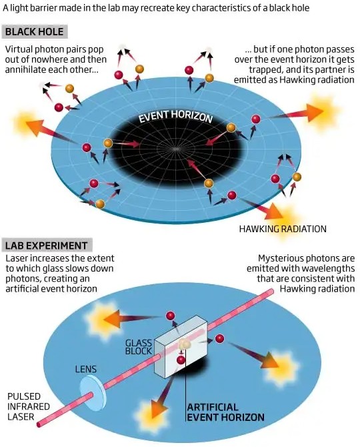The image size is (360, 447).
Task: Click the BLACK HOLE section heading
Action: (34, 31)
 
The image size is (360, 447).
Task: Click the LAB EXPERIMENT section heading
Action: (46, 246)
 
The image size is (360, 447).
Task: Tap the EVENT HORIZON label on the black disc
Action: (175, 116)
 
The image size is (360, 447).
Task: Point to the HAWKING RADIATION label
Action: (283, 229)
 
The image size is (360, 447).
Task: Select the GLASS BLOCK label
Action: (139, 347)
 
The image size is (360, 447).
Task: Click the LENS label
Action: (86, 369)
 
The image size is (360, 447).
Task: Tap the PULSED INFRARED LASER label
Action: (25, 406)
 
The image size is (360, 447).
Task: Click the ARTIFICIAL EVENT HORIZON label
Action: (225, 412)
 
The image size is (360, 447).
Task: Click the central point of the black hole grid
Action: (175, 149)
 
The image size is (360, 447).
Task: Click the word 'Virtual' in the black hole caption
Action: (19, 49)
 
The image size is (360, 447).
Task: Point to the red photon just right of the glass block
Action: (219, 339)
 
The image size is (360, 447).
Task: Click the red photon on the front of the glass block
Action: (181, 360)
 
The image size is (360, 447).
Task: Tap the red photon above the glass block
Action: (170, 316)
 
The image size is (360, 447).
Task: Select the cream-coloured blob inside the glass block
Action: (184, 344)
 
